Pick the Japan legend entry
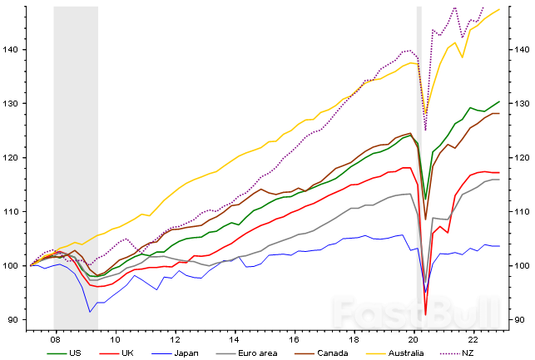pos(186,353)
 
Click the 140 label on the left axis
pos(14,50)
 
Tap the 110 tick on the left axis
pos(14,212)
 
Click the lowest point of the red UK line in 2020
pos(425,314)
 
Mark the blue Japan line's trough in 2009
pos(90,312)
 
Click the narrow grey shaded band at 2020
pos(419,166)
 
